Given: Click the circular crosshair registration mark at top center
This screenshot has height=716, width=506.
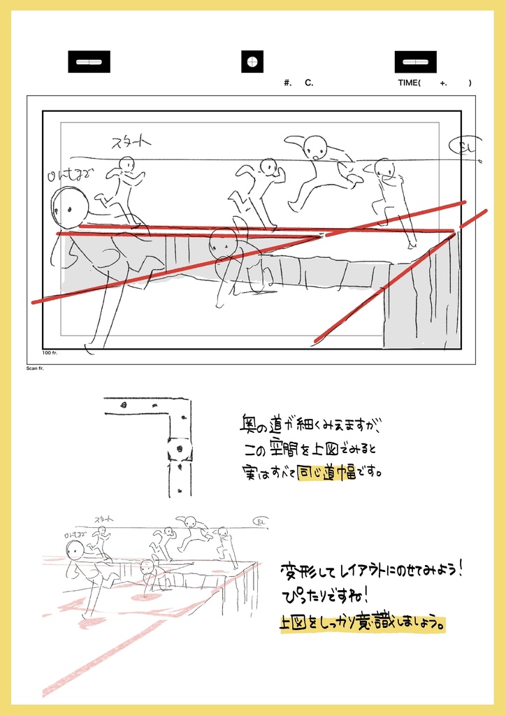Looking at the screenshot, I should [253, 62].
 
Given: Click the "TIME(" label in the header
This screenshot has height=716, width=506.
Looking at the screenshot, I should [410, 83].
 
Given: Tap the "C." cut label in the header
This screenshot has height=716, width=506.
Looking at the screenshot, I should [309, 83].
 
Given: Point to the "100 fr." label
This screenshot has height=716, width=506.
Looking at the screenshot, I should [50, 353].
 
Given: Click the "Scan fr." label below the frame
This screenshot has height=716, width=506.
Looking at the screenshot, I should [35, 368].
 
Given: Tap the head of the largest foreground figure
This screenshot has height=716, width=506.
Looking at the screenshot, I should [71, 207].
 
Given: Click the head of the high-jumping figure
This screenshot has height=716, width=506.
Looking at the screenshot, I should [315, 147].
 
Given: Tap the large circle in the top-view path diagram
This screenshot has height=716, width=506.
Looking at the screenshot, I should [180, 448].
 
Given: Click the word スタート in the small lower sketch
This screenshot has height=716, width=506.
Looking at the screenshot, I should [106, 519].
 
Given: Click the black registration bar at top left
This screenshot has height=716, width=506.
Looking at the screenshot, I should [89, 62].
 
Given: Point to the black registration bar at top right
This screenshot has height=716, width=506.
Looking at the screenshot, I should [415, 62].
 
